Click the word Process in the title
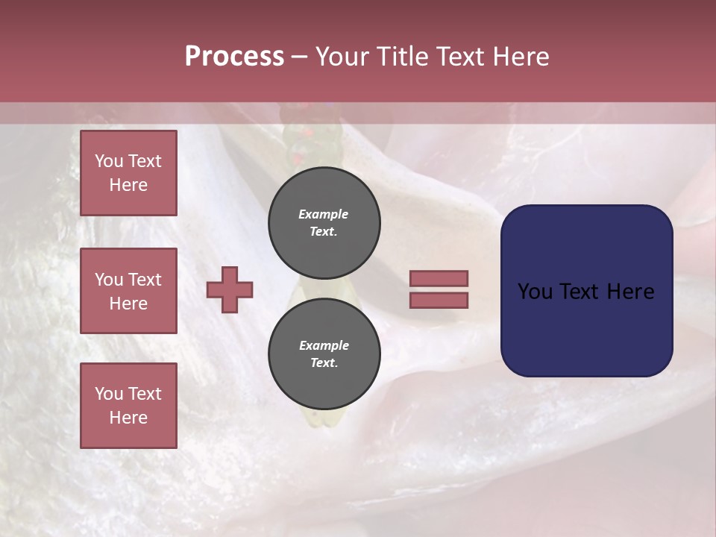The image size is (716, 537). pos(234,57)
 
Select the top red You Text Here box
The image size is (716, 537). pos(128,173)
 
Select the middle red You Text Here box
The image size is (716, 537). pos(128,291)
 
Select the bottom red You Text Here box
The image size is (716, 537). pos(128,405)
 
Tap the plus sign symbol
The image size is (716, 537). pos(230,289)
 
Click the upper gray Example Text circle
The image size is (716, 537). pos(324,222)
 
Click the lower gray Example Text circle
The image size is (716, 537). pos(324,354)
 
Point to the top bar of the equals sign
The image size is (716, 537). pos(439,278)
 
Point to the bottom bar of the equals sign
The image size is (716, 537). pos(439,300)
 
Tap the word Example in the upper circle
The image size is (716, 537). pos(323,214)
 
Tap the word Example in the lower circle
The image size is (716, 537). pos(324,345)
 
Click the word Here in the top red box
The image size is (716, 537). pos(128,185)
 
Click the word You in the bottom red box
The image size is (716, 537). pos(109,393)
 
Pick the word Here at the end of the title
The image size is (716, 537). pos(522,57)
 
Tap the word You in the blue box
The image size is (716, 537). pos(535,292)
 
